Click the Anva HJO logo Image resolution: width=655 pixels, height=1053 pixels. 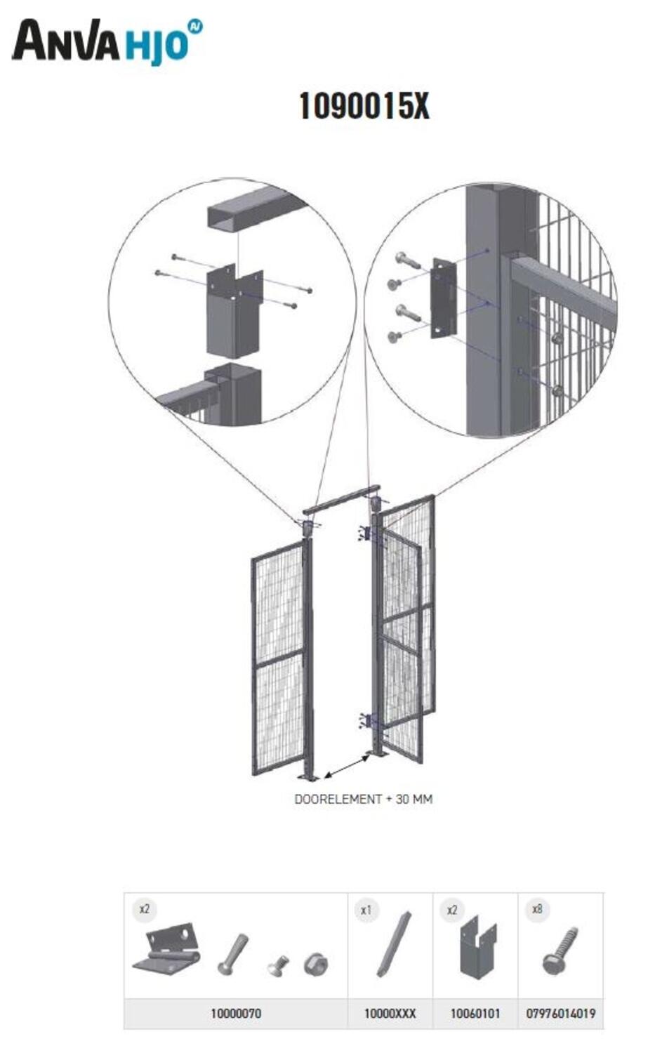point(107,41)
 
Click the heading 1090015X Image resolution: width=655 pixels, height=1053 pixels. point(364,106)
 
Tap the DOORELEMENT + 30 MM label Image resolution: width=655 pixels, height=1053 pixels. point(363,799)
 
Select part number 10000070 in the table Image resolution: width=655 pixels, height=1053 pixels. point(236,1012)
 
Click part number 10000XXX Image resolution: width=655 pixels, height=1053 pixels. point(390,1012)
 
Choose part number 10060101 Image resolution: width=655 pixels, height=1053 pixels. point(475,1012)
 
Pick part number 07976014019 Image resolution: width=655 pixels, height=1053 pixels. point(560,1012)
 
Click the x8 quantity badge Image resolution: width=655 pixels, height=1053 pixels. point(537,909)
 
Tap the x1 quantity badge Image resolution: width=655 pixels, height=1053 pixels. point(366,910)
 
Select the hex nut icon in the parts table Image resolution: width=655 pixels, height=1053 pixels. point(315,964)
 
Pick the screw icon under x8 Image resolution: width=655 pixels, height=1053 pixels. point(560,951)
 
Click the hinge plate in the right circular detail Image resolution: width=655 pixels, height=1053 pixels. point(444,298)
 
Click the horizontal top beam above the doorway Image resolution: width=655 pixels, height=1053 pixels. point(341,500)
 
